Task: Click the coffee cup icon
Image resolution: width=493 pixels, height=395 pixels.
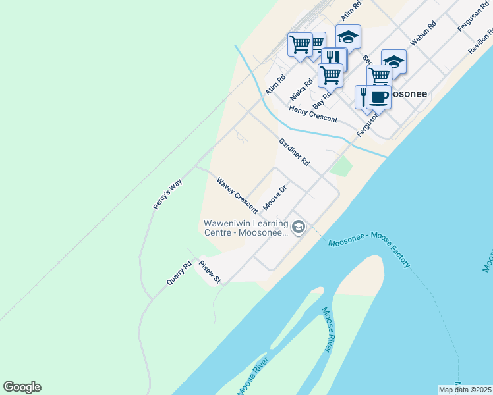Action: [378, 97]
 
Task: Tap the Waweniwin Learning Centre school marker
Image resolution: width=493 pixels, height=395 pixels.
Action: [298, 227]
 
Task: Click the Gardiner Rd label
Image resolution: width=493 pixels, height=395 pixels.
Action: [294, 152]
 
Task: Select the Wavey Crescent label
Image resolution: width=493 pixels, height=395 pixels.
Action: [237, 194]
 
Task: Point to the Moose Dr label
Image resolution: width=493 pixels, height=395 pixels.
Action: [275, 198]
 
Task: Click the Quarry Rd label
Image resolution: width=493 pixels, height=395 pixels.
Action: [179, 273]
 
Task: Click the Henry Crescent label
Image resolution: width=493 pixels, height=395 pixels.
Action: [313, 114]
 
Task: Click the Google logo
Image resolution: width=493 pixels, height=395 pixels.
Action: [22, 387]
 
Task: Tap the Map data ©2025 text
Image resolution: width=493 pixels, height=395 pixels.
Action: [465, 390]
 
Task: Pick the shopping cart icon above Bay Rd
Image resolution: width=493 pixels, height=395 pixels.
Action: [330, 74]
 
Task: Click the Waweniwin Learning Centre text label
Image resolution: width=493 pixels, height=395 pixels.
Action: [246, 228]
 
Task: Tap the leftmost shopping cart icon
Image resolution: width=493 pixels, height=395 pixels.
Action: [300, 45]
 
